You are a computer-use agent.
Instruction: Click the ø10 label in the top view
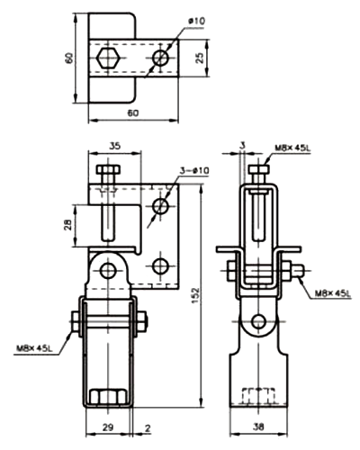point(196,22)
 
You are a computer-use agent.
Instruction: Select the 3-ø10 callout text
point(194,171)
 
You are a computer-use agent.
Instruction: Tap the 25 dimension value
point(200,58)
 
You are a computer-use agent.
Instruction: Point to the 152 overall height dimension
point(195,295)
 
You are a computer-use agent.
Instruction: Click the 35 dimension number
point(114,146)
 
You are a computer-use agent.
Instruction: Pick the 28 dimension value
point(68,225)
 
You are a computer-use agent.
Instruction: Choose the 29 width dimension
point(108,427)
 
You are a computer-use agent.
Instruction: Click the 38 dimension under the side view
point(258,427)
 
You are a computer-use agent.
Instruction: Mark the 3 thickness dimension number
point(243,146)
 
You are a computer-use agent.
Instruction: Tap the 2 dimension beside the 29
point(148,428)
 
